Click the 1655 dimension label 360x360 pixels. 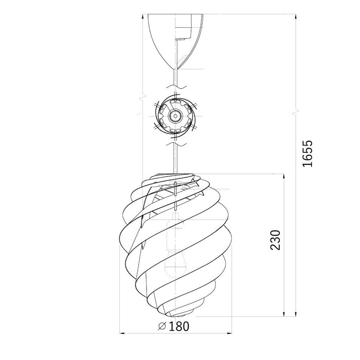click(x=308, y=153)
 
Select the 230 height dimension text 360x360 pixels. click(x=275, y=240)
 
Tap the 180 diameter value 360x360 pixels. click(x=179, y=326)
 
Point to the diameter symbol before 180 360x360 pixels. click(x=162, y=326)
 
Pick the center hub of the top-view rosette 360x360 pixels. click(x=175, y=116)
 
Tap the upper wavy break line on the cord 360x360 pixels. click(x=176, y=87)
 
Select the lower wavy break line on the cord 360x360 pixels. click(x=176, y=144)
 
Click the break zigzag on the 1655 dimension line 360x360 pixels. click(x=296, y=113)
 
